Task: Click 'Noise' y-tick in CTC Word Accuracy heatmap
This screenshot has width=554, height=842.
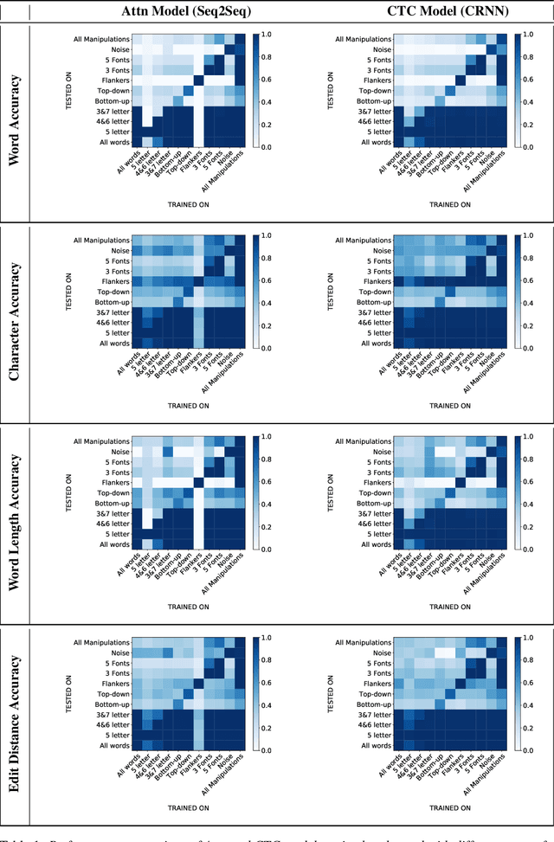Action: click(x=381, y=49)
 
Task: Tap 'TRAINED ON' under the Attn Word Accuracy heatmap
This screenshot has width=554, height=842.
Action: click(x=186, y=204)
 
